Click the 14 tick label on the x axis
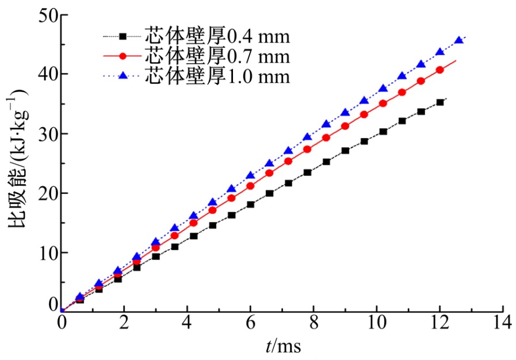click(x=503, y=323)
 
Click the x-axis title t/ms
click(x=282, y=346)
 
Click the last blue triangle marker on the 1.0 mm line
click(x=459, y=40)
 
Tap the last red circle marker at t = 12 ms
click(x=440, y=70)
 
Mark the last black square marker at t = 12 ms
click(x=440, y=102)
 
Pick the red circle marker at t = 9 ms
click(x=345, y=126)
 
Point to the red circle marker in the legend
click(x=123, y=56)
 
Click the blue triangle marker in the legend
click(x=123, y=75)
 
